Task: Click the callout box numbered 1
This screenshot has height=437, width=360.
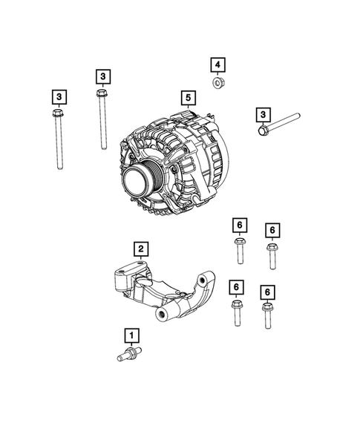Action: coord(131,335)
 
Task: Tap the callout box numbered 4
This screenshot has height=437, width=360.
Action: coord(217,65)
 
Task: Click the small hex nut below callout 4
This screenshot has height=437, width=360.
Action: coord(217,83)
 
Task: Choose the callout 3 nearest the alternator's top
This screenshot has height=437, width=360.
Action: coord(102,76)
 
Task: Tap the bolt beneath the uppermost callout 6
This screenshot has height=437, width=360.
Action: coord(238,249)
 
